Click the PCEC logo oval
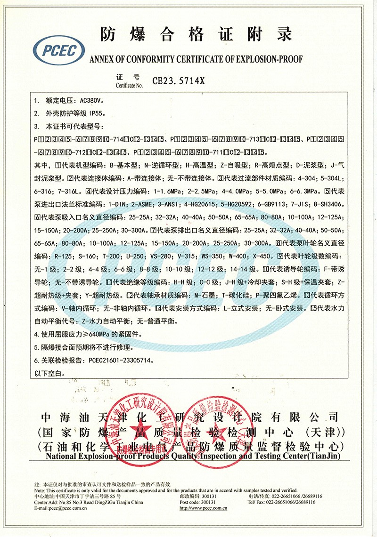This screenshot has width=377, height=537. pyautogui.click(x=59, y=50)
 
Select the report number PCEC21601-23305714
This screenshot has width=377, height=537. pyautogui.click(x=120, y=361)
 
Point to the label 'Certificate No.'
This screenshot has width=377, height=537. pyautogui.click(x=129, y=85)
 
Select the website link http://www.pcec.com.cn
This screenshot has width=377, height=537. pyautogui.click(x=204, y=508)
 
